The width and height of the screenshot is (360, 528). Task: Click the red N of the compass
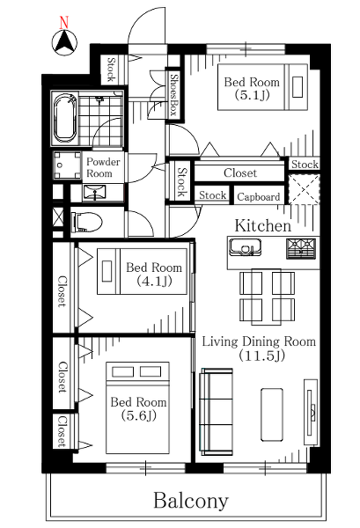coord(64,22)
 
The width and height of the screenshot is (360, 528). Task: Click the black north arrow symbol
coord(64,42)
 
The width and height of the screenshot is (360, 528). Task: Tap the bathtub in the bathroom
coord(64,118)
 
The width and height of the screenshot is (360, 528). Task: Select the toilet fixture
coord(86,223)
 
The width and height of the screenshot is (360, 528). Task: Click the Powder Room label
coord(103,167)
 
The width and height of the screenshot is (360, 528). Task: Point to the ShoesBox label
coord(174,95)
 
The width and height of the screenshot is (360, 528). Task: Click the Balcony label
coord(191,501)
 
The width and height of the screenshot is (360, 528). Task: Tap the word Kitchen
coord(262,225)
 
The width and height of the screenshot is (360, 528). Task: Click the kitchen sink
coord(245,246)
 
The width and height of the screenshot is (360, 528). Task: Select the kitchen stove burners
coord(301,248)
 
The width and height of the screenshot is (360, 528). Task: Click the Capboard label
coord(258,196)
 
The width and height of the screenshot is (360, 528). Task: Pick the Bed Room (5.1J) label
coord(252,88)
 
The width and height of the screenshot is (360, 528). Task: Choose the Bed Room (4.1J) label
coord(154,274)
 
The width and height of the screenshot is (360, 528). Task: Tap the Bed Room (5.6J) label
coord(139,409)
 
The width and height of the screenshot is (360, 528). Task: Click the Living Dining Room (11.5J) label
coord(259,348)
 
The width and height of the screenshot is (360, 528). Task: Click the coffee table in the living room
coord(272,414)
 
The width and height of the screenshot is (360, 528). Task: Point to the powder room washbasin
coord(94,193)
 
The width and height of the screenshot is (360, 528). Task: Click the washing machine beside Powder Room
coord(68,165)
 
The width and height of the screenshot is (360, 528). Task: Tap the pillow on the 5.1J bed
coord(298,87)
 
